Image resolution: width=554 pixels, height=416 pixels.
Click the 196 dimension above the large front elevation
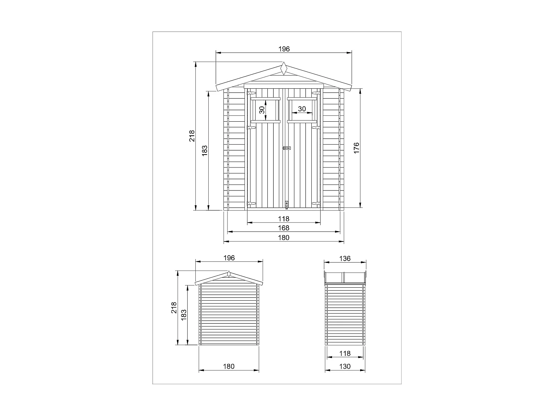click(284, 49)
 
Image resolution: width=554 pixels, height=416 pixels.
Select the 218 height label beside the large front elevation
click(192, 136)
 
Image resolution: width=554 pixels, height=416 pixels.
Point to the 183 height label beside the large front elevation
click(205, 150)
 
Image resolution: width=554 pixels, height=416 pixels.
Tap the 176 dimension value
click(356, 148)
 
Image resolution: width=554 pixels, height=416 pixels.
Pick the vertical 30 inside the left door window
click(262, 110)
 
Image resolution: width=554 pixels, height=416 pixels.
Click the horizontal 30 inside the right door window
click(302, 109)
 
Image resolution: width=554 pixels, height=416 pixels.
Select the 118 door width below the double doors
click(284, 219)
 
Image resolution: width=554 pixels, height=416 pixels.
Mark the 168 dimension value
click(284, 228)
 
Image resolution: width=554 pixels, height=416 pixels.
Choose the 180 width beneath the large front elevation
click(284, 238)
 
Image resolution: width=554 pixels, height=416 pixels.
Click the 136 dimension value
click(345, 258)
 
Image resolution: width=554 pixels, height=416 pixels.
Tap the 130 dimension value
click(345, 367)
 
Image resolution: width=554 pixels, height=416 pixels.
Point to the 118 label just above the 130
click(345, 354)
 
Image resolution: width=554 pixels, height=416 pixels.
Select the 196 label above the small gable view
click(229, 258)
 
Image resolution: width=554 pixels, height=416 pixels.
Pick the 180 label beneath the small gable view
click(229, 367)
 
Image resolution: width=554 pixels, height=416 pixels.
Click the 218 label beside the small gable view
click(174, 308)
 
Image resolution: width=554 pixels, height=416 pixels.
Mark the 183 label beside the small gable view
click(184, 315)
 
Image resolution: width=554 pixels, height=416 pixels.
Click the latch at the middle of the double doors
click(287, 148)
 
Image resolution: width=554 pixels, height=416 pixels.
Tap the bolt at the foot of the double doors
click(287, 204)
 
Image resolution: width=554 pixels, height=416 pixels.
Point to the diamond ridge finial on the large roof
click(284, 69)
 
